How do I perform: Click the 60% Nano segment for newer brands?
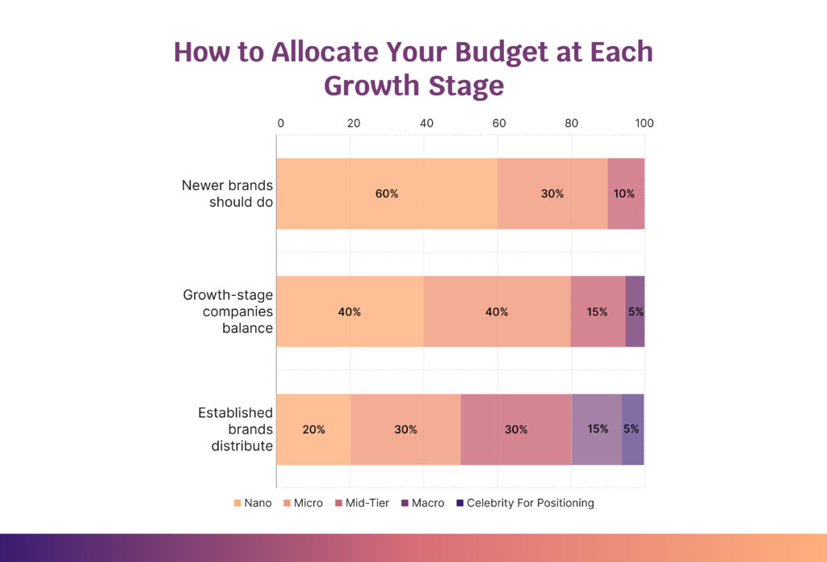click(x=387, y=193)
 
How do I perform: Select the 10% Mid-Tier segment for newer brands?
click(x=625, y=193)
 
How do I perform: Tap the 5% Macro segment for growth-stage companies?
click(x=635, y=311)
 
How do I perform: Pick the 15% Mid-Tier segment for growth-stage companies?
click(x=598, y=311)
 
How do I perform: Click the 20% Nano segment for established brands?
click(x=313, y=429)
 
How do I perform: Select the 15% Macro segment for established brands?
click(x=596, y=429)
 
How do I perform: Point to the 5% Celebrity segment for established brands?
click(x=632, y=429)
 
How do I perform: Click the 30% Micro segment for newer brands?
click(x=552, y=193)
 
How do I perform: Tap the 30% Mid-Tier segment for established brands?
click(x=515, y=429)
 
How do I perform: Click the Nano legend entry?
click(x=252, y=503)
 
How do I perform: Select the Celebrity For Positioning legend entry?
click(x=525, y=503)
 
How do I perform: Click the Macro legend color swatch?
click(x=405, y=503)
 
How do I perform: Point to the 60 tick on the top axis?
click(x=498, y=124)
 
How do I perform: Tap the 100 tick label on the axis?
click(x=644, y=124)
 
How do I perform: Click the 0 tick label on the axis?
click(x=280, y=124)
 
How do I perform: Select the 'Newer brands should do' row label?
click(x=227, y=193)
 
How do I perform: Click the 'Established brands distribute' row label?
click(x=235, y=429)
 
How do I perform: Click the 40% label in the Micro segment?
click(x=497, y=312)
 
